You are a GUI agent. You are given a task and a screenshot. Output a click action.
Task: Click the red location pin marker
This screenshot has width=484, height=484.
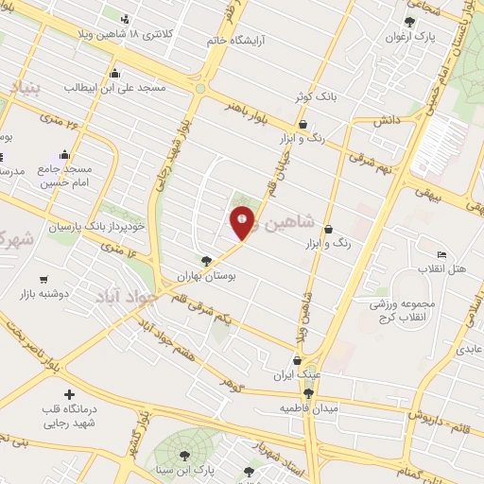click(242, 222)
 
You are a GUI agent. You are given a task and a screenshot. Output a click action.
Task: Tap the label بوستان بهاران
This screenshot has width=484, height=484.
click(210, 276)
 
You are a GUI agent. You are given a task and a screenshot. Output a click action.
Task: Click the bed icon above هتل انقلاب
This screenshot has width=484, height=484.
click(441, 254)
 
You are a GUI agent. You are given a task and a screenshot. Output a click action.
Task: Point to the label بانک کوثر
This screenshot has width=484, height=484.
click(314, 96)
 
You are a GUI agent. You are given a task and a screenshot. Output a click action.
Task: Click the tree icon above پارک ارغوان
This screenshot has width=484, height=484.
click(408, 21)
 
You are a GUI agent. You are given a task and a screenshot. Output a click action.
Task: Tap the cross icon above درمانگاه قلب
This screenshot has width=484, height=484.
click(68, 393)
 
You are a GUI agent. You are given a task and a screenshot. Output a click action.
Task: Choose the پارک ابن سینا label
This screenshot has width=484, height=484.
click(211, 469)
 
